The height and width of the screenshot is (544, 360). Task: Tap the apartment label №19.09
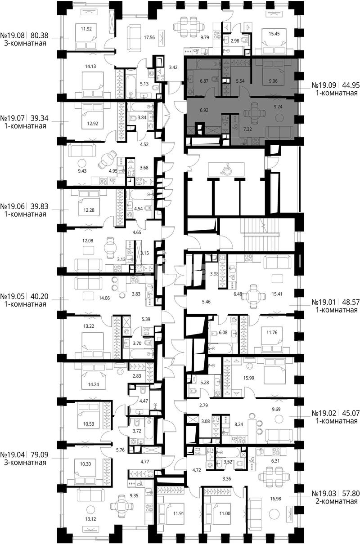pyautogui.click(x=324, y=85)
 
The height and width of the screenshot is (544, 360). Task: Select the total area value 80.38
pyautogui.click(x=40, y=36)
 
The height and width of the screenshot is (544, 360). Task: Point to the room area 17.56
pyautogui.click(x=149, y=37)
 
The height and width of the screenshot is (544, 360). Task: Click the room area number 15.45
pyautogui.click(x=274, y=34)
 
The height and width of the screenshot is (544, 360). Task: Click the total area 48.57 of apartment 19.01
pyautogui.click(x=351, y=302)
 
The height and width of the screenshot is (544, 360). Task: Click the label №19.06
pyautogui.click(x=13, y=206)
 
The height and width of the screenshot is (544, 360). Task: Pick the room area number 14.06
pyautogui.click(x=104, y=298)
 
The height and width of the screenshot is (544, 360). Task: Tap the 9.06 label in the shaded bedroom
pyautogui.click(x=273, y=81)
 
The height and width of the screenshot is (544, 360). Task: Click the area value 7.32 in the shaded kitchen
pyautogui.click(x=247, y=129)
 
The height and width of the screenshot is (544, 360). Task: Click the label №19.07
pyautogui.click(x=13, y=118)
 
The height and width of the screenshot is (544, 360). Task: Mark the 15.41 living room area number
pyautogui.click(x=277, y=294)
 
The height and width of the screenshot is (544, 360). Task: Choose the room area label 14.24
pyautogui.click(x=93, y=384)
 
